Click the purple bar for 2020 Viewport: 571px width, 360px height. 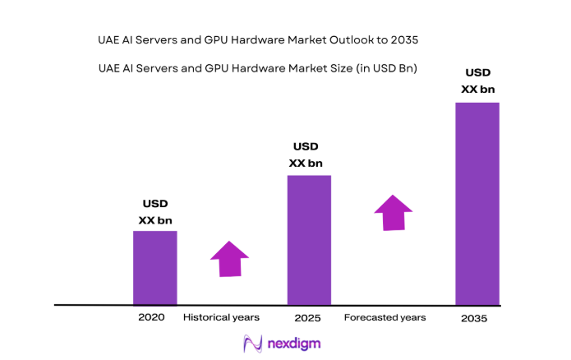pyautogui.click(x=154, y=267)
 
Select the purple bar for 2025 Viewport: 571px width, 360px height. pyautogui.click(x=308, y=239)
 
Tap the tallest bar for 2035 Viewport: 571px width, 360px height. pyautogui.click(x=477, y=203)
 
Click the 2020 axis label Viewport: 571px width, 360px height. pyautogui.click(x=151, y=317)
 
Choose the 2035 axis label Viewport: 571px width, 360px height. pyautogui.click(x=474, y=319)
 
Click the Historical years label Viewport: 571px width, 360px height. pyautogui.click(x=221, y=317)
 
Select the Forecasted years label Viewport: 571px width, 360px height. pyautogui.click(x=385, y=317)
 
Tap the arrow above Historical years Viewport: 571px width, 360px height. pyautogui.click(x=229, y=259)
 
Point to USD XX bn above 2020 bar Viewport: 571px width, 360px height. pyautogui.click(x=155, y=211)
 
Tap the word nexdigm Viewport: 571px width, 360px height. pyautogui.click(x=294, y=344)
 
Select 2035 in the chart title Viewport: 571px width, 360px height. pyautogui.click(x=411, y=39)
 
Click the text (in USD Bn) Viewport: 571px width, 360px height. pyautogui.click(x=384, y=69)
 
